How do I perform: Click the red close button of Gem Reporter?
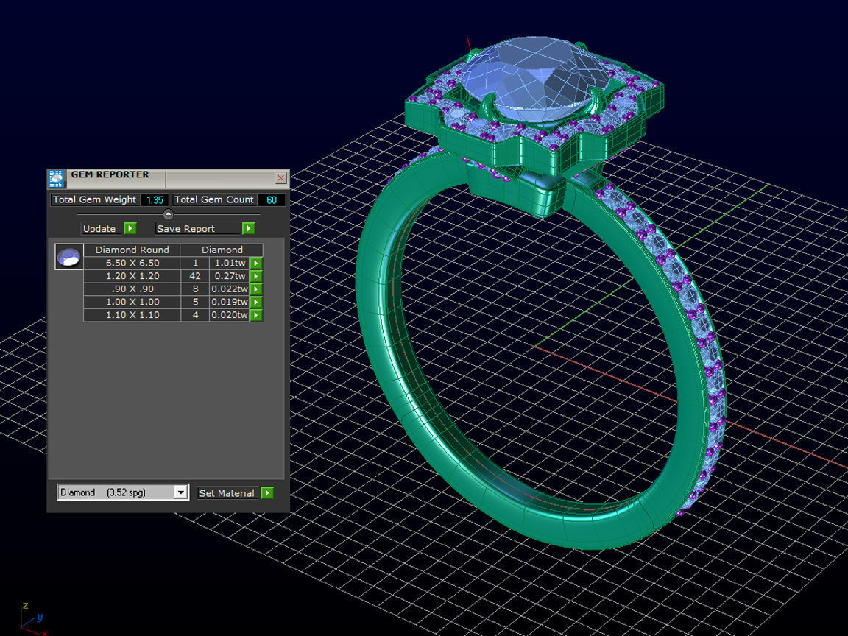click(x=280, y=178)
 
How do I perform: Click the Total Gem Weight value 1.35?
click(x=155, y=199)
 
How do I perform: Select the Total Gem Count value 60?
click(x=272, y=199)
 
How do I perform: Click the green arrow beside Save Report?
click(x=248, y=229)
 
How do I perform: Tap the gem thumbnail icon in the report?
click(x=69, y=257)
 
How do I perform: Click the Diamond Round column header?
click(x=132, y=250)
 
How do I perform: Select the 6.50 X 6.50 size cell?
click(x=132, y=263)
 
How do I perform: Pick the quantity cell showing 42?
click(x=195, y=276)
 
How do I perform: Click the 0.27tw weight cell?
click(x=229, y=276)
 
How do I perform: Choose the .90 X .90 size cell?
click(x=132, y=289)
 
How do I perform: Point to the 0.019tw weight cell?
click(x=229, y=302)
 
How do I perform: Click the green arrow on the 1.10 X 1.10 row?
click(x=256, y=315)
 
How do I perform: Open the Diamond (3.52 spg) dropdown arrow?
click(x=181, y=492)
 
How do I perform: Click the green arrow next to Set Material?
click(x=266, y=493)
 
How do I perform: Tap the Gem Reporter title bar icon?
click(x=57, y=179)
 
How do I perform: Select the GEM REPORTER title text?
click(x=110, y=175)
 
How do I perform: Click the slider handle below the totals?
click(x=168, y=214)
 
